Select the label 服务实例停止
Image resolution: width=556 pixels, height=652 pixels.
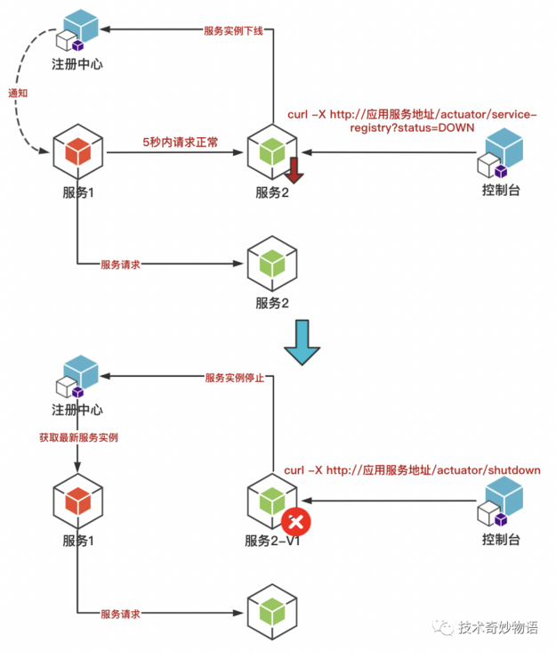pos(234,378)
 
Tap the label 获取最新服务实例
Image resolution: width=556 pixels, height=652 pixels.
pos(78,438)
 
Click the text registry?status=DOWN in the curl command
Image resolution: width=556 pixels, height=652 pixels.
pos(412,128)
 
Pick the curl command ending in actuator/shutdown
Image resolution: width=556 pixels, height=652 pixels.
pos(412,470)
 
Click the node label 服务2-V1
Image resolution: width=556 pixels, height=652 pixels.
pos(272,541)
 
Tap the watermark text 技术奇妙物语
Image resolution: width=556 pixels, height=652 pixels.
pos(498,627)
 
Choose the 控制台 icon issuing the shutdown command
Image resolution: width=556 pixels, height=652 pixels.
pos(500,503)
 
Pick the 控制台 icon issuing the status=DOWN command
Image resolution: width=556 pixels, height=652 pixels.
pos(500,152)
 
